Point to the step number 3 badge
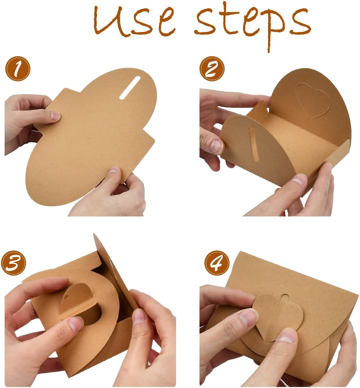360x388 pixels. coord(13,263)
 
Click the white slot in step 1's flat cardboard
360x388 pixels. coord(130,88)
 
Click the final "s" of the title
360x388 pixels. coord(301,22)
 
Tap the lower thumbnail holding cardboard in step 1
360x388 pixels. coord(114,170)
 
